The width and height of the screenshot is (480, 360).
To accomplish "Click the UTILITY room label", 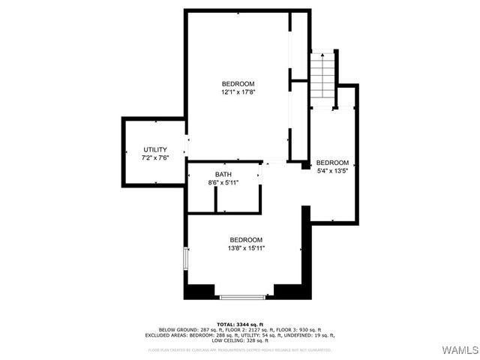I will (154, 150).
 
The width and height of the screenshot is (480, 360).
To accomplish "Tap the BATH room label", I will (223, 175).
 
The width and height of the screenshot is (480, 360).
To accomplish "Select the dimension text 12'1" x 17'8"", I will (238, 92).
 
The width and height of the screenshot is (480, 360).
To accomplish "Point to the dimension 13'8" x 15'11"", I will (246, 248).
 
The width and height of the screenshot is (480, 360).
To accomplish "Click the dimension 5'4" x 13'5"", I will (332, 170).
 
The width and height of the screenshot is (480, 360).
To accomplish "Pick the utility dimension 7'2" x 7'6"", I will (154, 158).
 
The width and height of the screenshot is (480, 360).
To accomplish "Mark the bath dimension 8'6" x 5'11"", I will (223, 183).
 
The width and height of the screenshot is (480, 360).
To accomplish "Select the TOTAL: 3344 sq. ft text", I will (240, 324).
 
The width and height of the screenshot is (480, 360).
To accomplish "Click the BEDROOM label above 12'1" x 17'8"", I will (238, 83).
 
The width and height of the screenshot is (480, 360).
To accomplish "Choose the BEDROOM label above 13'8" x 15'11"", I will (246, 240).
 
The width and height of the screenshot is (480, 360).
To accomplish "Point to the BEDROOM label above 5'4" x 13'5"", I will (332, 163).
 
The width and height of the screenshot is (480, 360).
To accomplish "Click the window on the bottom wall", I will (242, 298).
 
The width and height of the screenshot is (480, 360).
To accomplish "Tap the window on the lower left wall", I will (185, 259).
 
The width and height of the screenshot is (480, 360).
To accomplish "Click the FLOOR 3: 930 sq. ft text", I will (300, 330).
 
